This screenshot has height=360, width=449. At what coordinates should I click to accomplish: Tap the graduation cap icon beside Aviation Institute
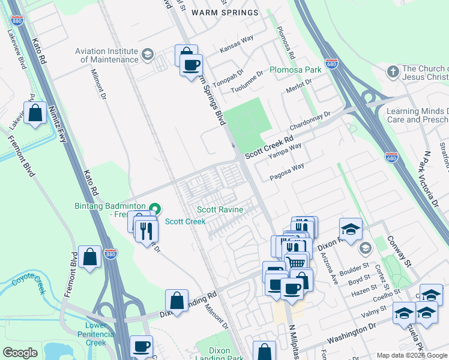(146, 56)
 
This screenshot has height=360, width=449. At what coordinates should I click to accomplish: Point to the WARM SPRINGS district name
(224, 12)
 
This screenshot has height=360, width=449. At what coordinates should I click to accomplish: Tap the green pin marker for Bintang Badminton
(155, 209)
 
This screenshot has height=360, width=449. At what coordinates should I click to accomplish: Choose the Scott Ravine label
(220, 209)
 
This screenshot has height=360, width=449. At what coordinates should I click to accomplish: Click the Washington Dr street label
(351, 331)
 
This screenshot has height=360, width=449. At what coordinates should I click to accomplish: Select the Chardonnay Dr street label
(310, 122)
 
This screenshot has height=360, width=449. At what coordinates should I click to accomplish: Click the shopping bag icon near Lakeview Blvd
(35, 113)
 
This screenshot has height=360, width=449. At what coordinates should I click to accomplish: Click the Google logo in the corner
(20, 353)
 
